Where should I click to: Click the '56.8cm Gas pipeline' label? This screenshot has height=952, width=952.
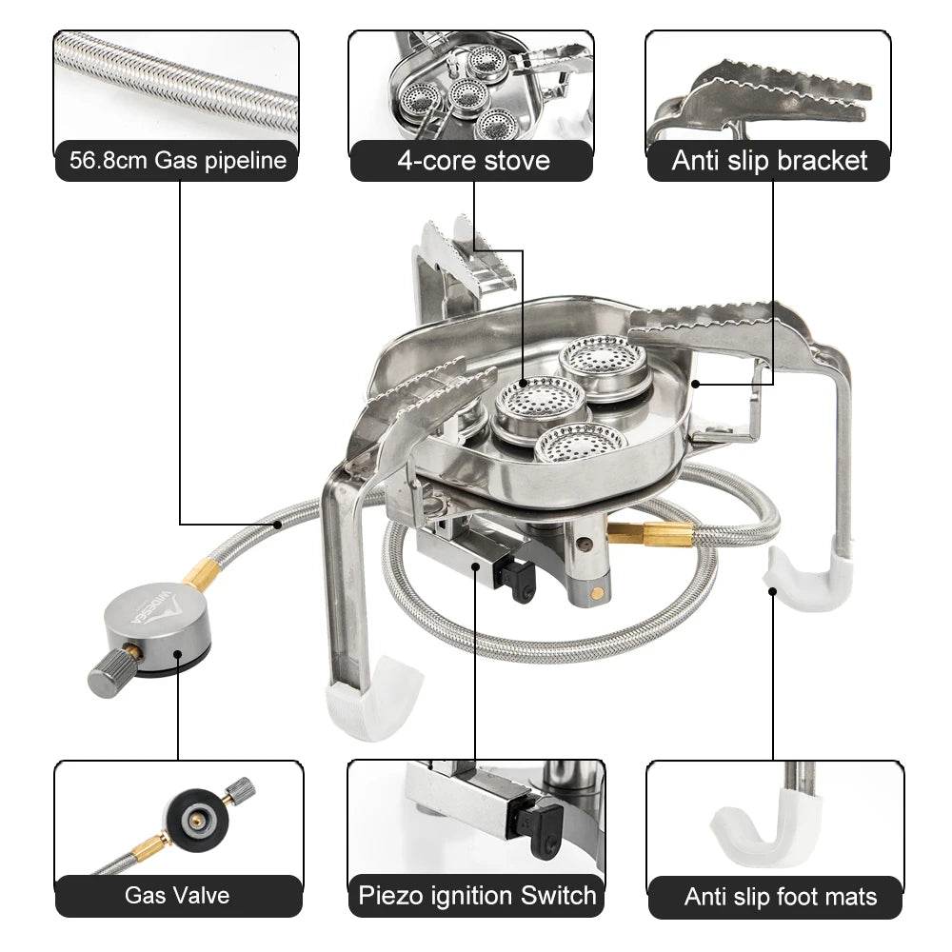pyautogui.click(x=177, y=160)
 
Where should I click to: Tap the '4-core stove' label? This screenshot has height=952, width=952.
pyautogui.click(x=473, y=160)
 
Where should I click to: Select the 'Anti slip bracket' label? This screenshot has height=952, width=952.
pyautogui.click(x=769, y=160)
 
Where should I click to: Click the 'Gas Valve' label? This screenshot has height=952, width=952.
pyautogui.click(x=177, y=895)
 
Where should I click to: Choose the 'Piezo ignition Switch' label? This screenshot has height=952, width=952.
pyautogui.click(x=477, y=895)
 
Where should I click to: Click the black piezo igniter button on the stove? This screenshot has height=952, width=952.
pyautogui.click(x=521, y=578)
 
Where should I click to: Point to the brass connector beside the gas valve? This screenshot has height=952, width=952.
pyautogui.click(x=203, y=574)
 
